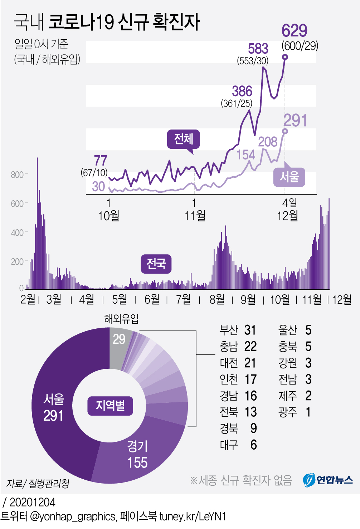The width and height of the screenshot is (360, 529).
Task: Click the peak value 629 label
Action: pyautogui.click(x=294, y=31)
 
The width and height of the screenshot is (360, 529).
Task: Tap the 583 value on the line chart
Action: pyautogui.click(x=258, y=49)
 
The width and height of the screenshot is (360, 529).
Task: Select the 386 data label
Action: pyautogui.click(x=242, y=92)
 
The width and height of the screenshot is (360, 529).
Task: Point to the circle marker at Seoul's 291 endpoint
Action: pyautogui.click(x=285, y=131)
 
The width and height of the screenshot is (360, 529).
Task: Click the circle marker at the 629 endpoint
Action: pyautogui.click(x=285, y=57)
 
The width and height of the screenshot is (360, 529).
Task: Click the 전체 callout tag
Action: pyautogui.click(x=183, y=139)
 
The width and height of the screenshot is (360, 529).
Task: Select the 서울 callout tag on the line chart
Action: pyautogui.click(x=289, y=177)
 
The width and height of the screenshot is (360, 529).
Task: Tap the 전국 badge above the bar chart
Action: pyautogui.click(x=156, y=264)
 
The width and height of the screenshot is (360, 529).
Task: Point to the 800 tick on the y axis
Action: pyautogui.click(x=17, y=175)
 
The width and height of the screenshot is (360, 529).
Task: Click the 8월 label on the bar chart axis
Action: pyautogui.click(x=217, y=299)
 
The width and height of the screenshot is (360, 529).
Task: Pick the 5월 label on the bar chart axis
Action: pyautogui.click(x=119, y=299)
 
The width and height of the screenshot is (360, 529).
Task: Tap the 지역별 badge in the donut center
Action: pyautogui.click(x=110, y=406)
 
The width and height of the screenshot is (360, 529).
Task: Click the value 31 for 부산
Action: pyautogui.click(x=250, y=330)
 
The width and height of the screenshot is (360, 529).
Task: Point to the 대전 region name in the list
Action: pyautogui.click(x=229, y=363)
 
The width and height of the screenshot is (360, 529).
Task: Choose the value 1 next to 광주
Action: pyautogui.click(x=308, y=412)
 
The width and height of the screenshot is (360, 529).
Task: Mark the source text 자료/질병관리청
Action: pyautogui.click(x=38, y=484)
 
